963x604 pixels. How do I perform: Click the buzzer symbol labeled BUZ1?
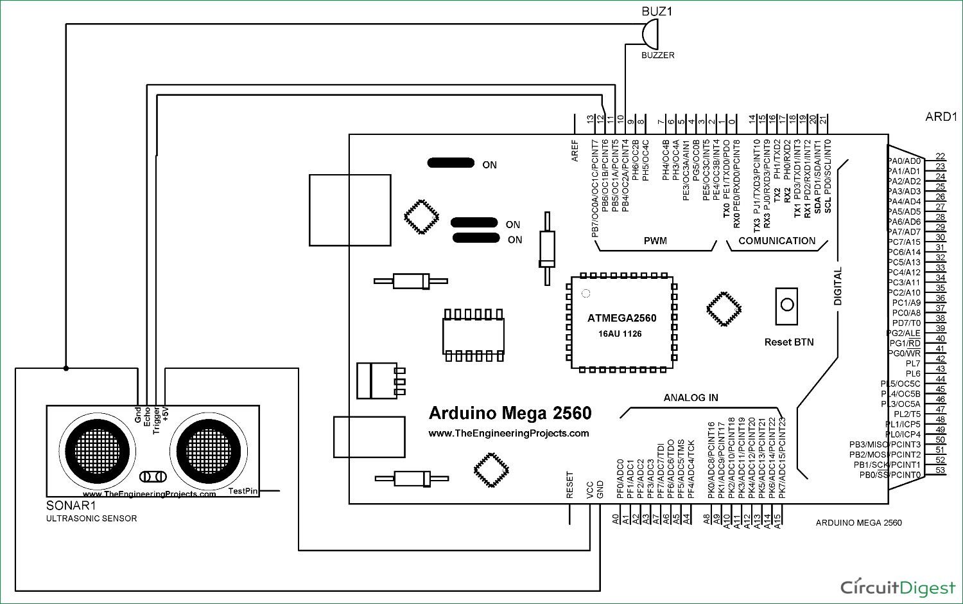pos(650,34)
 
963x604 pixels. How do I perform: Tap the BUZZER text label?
pos(657,55)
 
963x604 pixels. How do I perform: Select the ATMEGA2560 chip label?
pos(621,318)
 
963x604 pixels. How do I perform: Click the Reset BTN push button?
pos(787,305)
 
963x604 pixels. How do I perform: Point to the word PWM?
pos(655,241)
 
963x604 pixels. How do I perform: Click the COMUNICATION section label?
pos(777,241)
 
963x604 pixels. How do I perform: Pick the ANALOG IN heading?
pos(691,398)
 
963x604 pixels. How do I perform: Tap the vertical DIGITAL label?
pos(838,287)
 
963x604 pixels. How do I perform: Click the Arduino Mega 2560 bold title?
pos(510,413)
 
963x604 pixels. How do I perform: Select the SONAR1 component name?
pos(71,506)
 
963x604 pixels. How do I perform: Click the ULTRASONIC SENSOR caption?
pos(91,519)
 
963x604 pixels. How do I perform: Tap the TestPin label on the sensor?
pos(243,491)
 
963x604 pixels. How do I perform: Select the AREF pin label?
pos(575,150)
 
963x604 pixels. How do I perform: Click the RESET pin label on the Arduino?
pos(569,484)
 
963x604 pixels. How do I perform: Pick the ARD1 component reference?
pos(941,117)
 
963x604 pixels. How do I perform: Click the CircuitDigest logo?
pos(898,587)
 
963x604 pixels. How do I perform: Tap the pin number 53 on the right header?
pos(940,470)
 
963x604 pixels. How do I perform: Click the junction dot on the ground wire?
pos(66,368)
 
